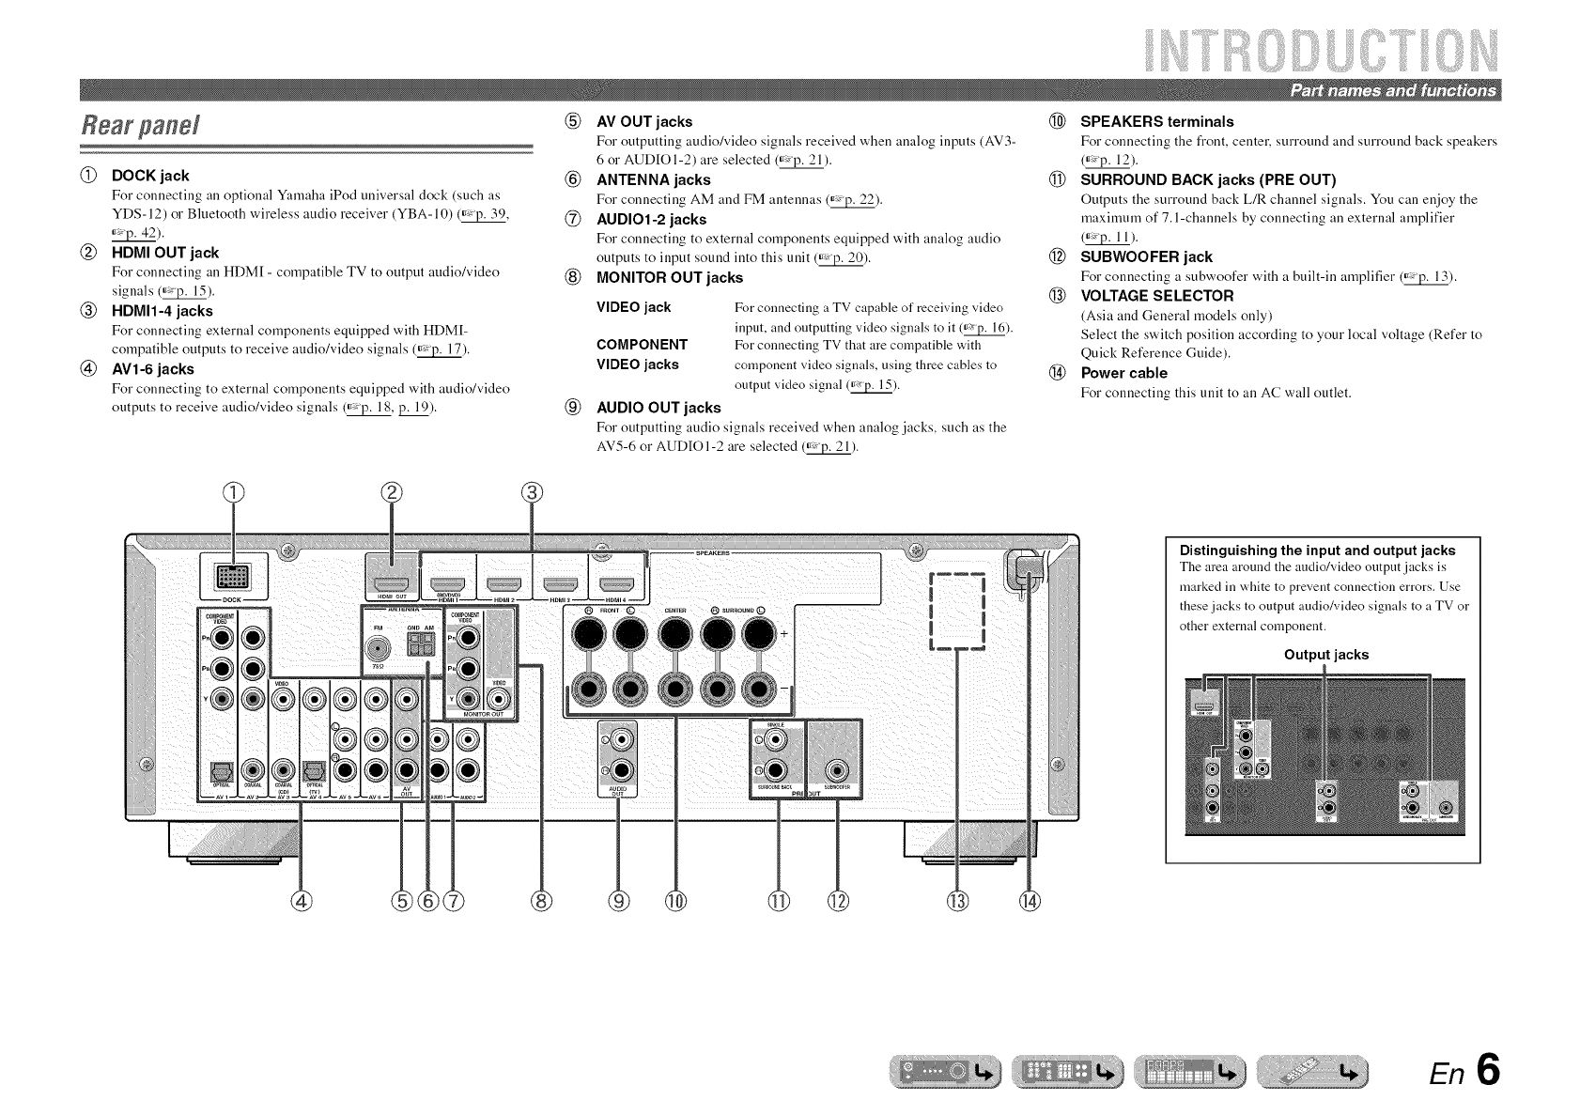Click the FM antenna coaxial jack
click(x=380, y=647)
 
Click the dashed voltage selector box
click(x=956, y=610)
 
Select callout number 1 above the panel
click(x=233, y=492)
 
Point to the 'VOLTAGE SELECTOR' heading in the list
click(x=1156, y=296)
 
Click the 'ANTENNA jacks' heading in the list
click(x=654, y=179)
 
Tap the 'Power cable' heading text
click(x=1123, y=373)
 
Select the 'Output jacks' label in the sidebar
click(x=1325, y=655)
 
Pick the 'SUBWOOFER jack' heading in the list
click(x=1146, y=256)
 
